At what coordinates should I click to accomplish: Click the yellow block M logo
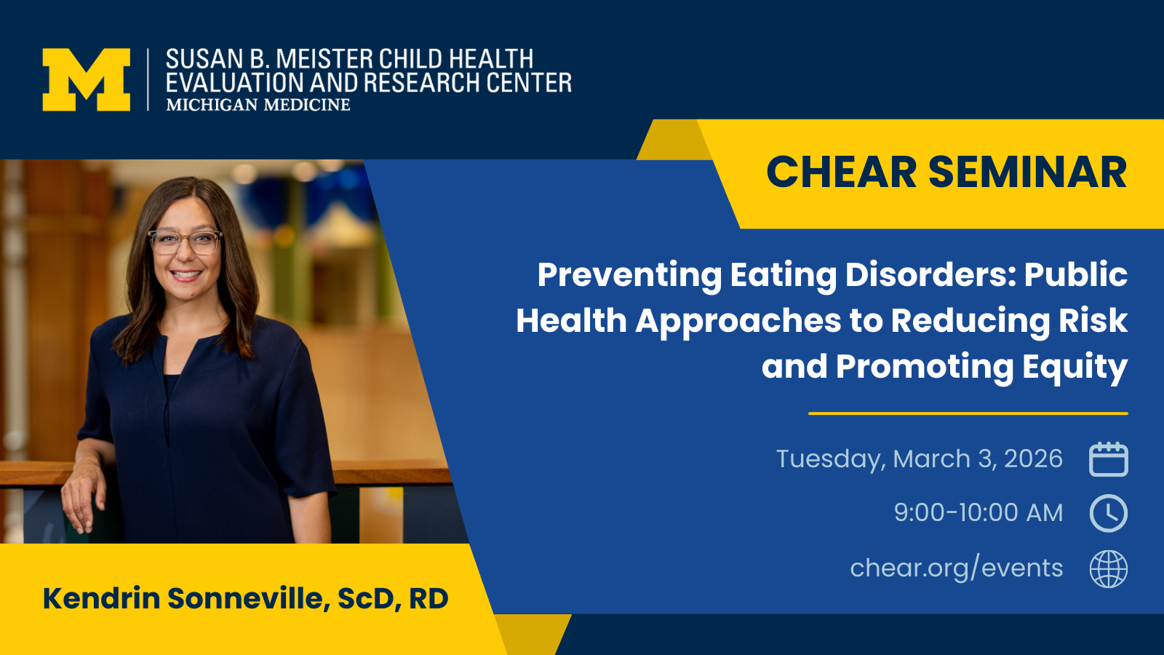point(87,79)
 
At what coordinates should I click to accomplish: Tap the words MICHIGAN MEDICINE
point(258,105)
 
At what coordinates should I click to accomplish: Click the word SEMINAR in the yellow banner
point(1028,172)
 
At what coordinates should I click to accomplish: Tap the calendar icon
point(1109,459)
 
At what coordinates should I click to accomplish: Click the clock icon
point(1109,513)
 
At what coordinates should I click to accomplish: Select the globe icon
point(1109,568)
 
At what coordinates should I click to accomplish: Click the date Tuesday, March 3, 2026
point(920,459)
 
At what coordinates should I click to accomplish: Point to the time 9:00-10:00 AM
point(978,512)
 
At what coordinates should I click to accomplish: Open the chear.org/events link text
point(957,568)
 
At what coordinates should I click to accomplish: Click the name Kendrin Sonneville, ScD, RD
point(245,598)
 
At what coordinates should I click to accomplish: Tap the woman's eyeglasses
point(186,242)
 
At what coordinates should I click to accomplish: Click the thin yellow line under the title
point(968,414)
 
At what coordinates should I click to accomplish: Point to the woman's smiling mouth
point(186,275)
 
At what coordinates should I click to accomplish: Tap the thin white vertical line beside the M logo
point(148,79)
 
